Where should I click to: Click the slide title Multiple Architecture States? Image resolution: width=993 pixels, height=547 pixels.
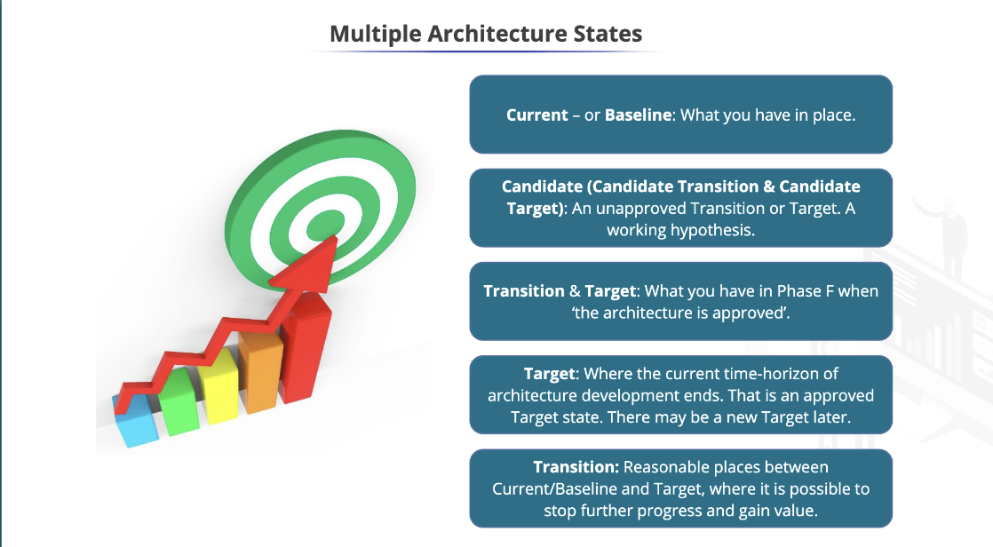point(486,34)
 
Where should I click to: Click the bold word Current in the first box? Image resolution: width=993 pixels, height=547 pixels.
point(536,115)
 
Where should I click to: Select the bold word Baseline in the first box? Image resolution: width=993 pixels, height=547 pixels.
point(638,115)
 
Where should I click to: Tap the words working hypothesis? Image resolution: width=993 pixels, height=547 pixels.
point(680,230)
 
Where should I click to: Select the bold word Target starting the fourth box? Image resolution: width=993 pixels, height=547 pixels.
point(550,374)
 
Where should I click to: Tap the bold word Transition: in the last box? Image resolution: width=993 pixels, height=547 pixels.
point(576,467)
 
